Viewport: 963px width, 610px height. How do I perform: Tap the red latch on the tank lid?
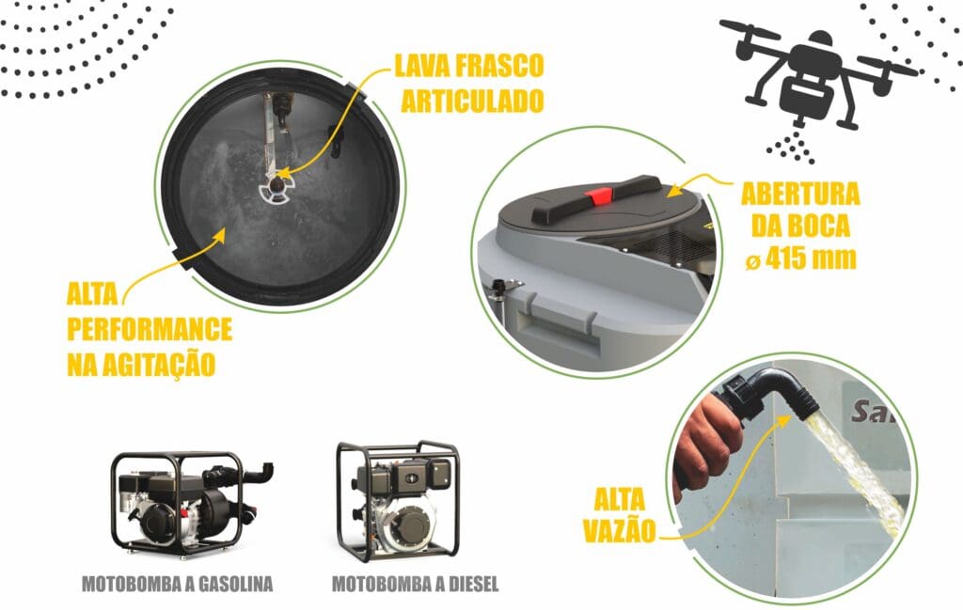click(598, 196)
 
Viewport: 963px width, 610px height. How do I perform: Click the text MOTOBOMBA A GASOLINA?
click(177, 584)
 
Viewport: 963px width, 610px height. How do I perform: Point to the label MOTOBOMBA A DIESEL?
click(415, 584)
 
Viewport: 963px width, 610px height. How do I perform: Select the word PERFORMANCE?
click(150, 330)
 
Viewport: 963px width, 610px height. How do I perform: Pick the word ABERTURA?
click(800, 194)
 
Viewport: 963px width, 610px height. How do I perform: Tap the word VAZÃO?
click(620, 531)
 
